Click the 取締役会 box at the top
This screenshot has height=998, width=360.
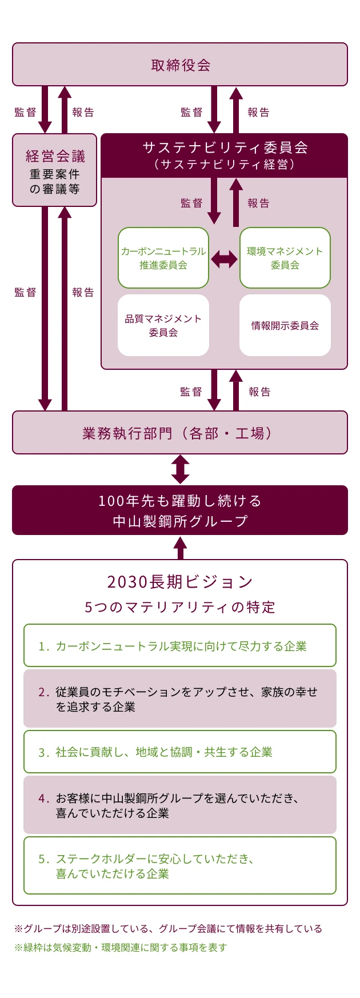[180, 65]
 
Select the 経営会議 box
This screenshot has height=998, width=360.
[55, 170]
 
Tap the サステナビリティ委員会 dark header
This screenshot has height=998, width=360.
[225, 155]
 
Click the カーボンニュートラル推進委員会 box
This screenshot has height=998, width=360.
[163, 258]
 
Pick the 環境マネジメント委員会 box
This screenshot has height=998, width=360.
[285, 258]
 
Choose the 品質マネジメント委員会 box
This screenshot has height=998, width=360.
[163, 325]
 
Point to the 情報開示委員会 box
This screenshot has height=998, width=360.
[285, 325]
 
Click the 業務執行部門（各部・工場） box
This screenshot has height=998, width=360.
[180, 433]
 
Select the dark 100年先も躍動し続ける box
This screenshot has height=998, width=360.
[180, 510]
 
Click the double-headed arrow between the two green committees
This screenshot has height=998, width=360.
[224, 260]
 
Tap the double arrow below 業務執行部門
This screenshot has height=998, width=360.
[180, 469]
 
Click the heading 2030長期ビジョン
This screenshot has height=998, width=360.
[180, 582]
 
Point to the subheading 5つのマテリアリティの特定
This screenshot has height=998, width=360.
[180, 607]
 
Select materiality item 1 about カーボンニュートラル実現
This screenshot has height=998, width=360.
[180, 646]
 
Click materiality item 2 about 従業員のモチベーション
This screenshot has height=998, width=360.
[180, 699]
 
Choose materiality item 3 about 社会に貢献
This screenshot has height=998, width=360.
[180, 752]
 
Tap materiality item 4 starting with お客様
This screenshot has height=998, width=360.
[180, 805]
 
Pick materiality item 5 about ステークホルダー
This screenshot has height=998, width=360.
[180, 865]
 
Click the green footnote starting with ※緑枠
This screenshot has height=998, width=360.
[121, 947]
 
